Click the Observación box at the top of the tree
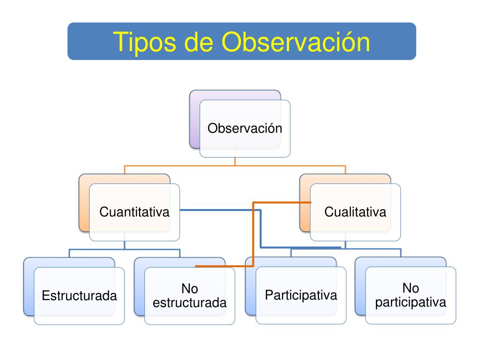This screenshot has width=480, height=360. pyautogui.click(x=245, y=128)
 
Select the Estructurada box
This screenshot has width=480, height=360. pyautogui.click(x=79, y=296)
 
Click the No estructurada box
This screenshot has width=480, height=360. pyautogui.click(x=189, y=296)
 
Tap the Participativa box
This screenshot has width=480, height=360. pyautogui.click(x=301, y=296)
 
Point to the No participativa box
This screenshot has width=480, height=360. pyautogui.click(x=411, y=296)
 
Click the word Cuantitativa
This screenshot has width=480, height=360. pyautogui.click(x=134, y=212)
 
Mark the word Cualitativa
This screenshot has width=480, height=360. pyautogui.click(x=355, y=212)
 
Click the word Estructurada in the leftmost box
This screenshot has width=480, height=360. pyautogui.click(x=79, y=296)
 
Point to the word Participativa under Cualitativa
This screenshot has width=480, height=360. pyautogui.click(x=301, y=295)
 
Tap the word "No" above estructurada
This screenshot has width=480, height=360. pyautogui.click(x=189, y=289)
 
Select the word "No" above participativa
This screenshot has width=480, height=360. pyautogui.click(x=411, y=288)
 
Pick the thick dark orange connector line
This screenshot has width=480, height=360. pyautogui.click(x=253, y=234)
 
